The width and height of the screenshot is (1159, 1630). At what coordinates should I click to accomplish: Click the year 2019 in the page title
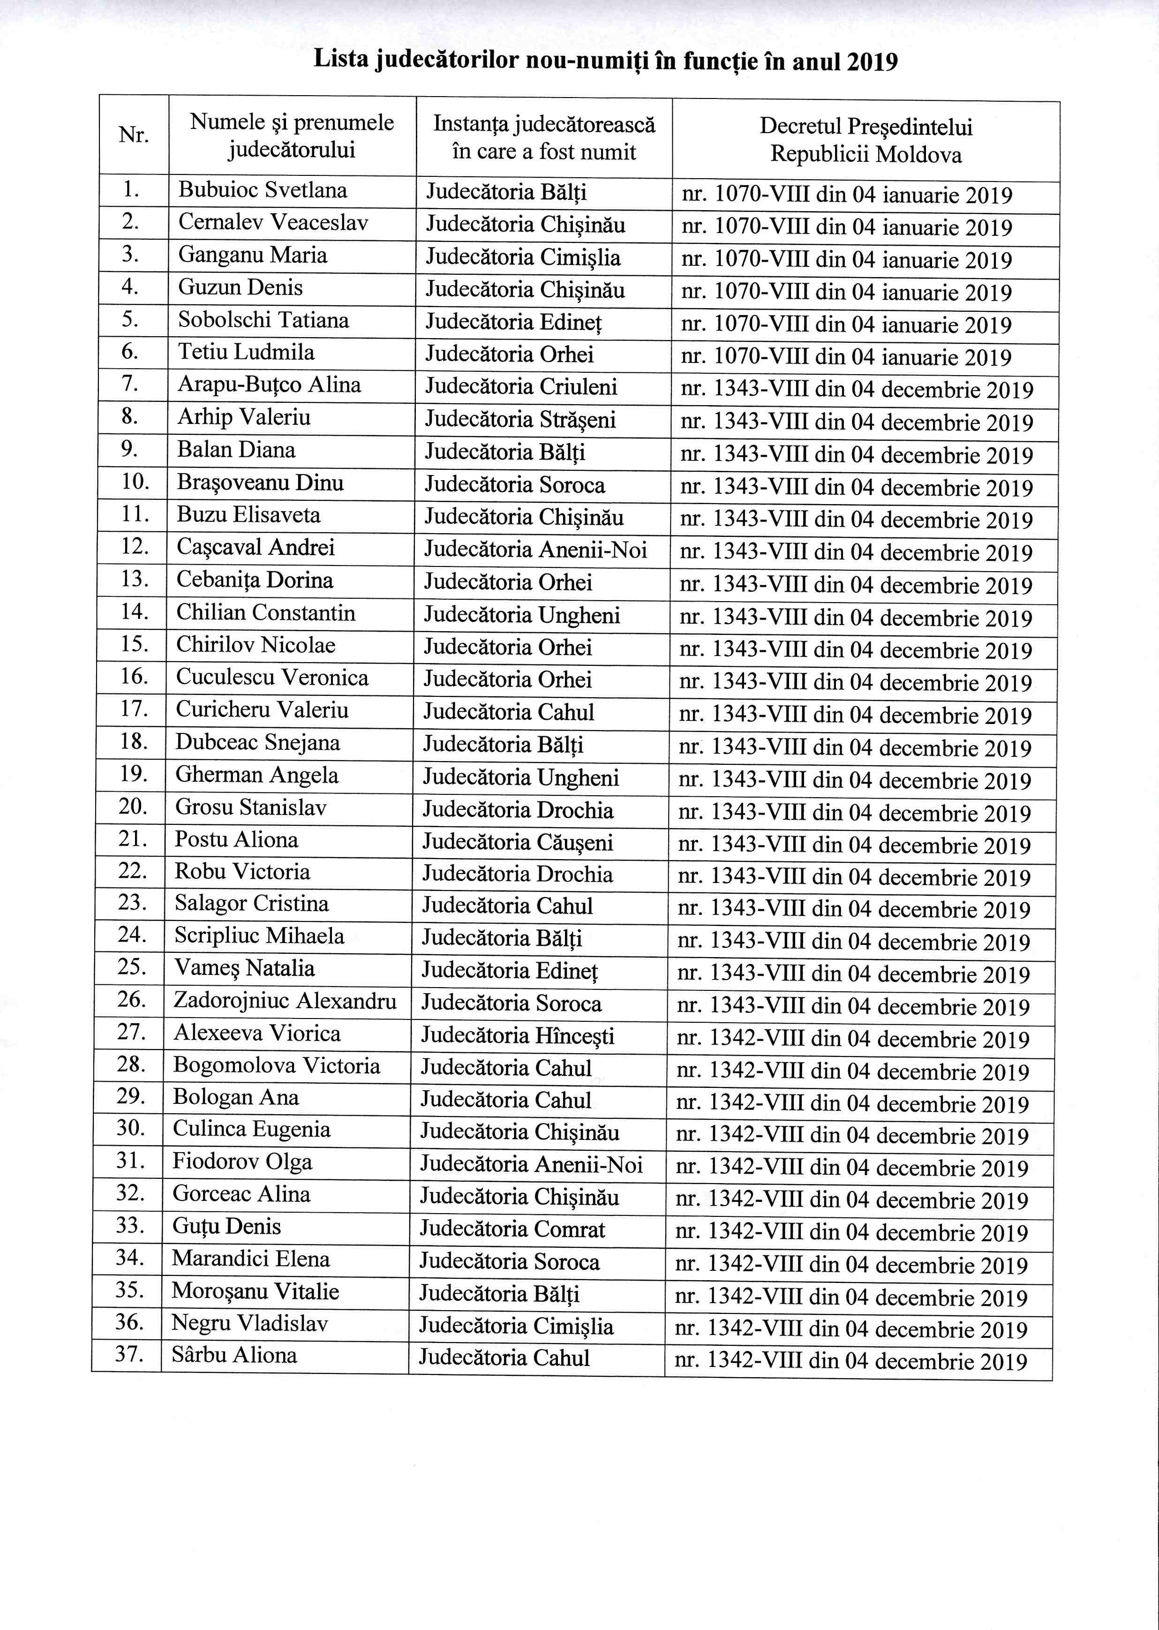click(872, 61)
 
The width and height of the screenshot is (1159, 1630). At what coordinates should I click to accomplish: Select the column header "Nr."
click(134, 134)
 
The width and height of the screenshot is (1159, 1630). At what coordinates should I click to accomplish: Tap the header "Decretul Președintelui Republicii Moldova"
click(865, 141)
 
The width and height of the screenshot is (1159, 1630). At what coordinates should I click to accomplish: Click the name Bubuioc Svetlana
click(263, 190)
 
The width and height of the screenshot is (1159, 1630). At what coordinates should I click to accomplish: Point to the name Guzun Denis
click(241, 287)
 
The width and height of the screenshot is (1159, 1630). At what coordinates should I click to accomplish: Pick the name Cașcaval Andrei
click(256, 547)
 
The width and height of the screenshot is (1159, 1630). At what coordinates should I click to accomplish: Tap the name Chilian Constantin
click(265, 612)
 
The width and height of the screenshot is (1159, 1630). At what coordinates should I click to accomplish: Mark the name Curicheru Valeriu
click(262, 710)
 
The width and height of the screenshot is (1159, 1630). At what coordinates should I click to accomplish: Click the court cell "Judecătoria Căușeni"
click(518, 842)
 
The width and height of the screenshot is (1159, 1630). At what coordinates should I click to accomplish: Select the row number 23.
click(132, 903)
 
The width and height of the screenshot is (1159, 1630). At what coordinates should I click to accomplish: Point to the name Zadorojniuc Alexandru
click(285, 1001)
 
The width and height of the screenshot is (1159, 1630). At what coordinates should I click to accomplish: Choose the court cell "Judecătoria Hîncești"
click(518, 1035)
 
